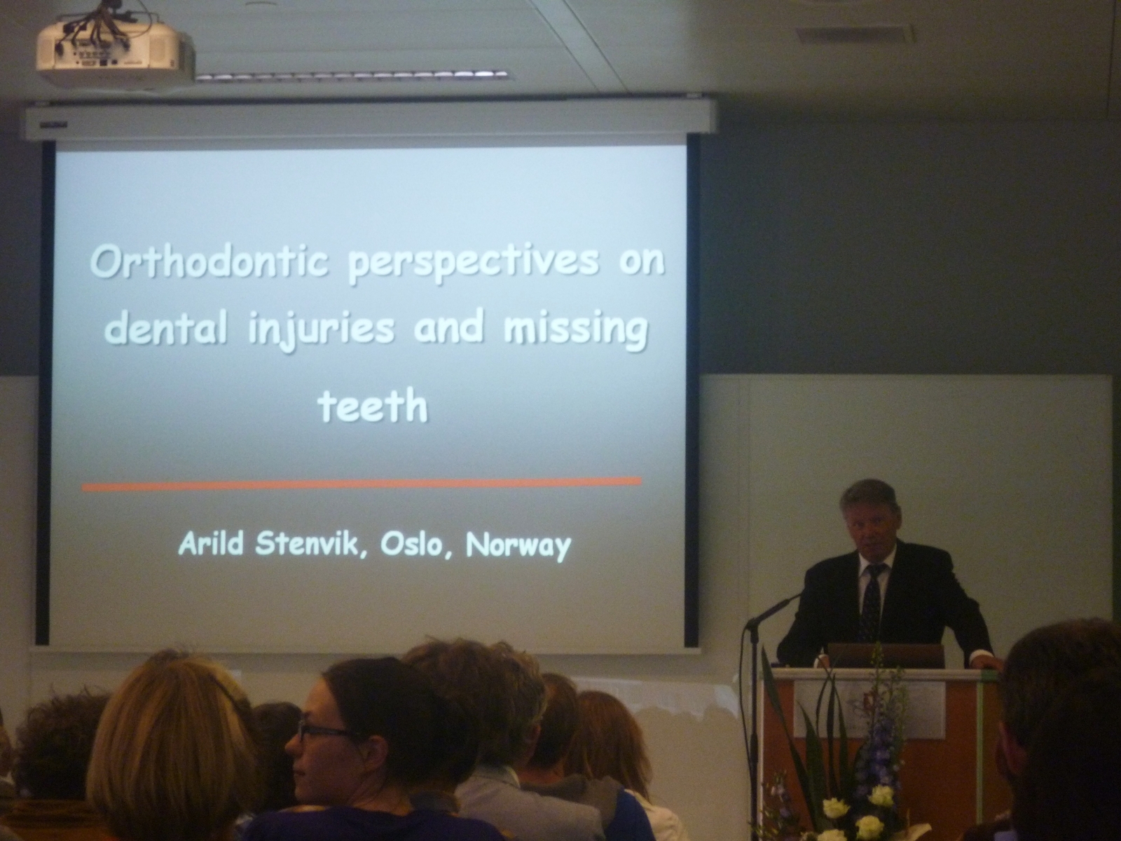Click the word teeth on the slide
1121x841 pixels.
pos(372,406)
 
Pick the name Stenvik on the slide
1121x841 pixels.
pos(312,545)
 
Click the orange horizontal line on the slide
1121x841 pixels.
pos(361,485)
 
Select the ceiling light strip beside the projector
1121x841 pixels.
pos(352,76)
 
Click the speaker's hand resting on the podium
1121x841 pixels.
pos(990,663)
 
